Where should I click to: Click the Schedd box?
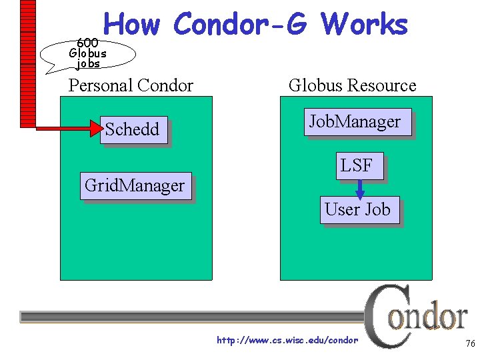point(133,129)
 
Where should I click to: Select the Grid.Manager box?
point(135,185)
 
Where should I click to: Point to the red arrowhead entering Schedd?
point(96,129)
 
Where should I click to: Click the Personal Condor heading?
point(131,85)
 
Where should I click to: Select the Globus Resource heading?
point(352,85)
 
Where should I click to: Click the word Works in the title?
point(364,25)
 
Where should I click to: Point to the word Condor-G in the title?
point(240,25)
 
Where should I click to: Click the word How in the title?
point(132,25)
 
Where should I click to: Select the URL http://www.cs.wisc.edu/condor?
point(287,341)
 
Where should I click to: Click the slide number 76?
point(469,343)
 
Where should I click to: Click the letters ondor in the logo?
point(428,317)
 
